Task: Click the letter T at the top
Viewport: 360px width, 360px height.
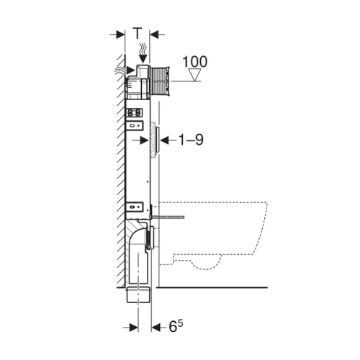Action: [x=138, y=33]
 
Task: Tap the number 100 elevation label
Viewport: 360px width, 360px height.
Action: [x=195, y=62]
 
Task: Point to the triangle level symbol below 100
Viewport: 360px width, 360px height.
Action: [x=194, y=75]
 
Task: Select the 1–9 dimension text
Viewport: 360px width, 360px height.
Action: [x=192, y=140]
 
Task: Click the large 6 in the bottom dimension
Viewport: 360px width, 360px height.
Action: [x=173, y=327]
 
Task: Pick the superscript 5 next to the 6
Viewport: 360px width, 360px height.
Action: [x=180, y=323]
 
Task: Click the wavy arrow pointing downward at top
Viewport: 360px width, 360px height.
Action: [x=143, y=53]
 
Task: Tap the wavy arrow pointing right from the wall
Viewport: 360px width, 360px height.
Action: [x=125, y=70]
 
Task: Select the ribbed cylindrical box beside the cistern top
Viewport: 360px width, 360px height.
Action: [x=160, y=81]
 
